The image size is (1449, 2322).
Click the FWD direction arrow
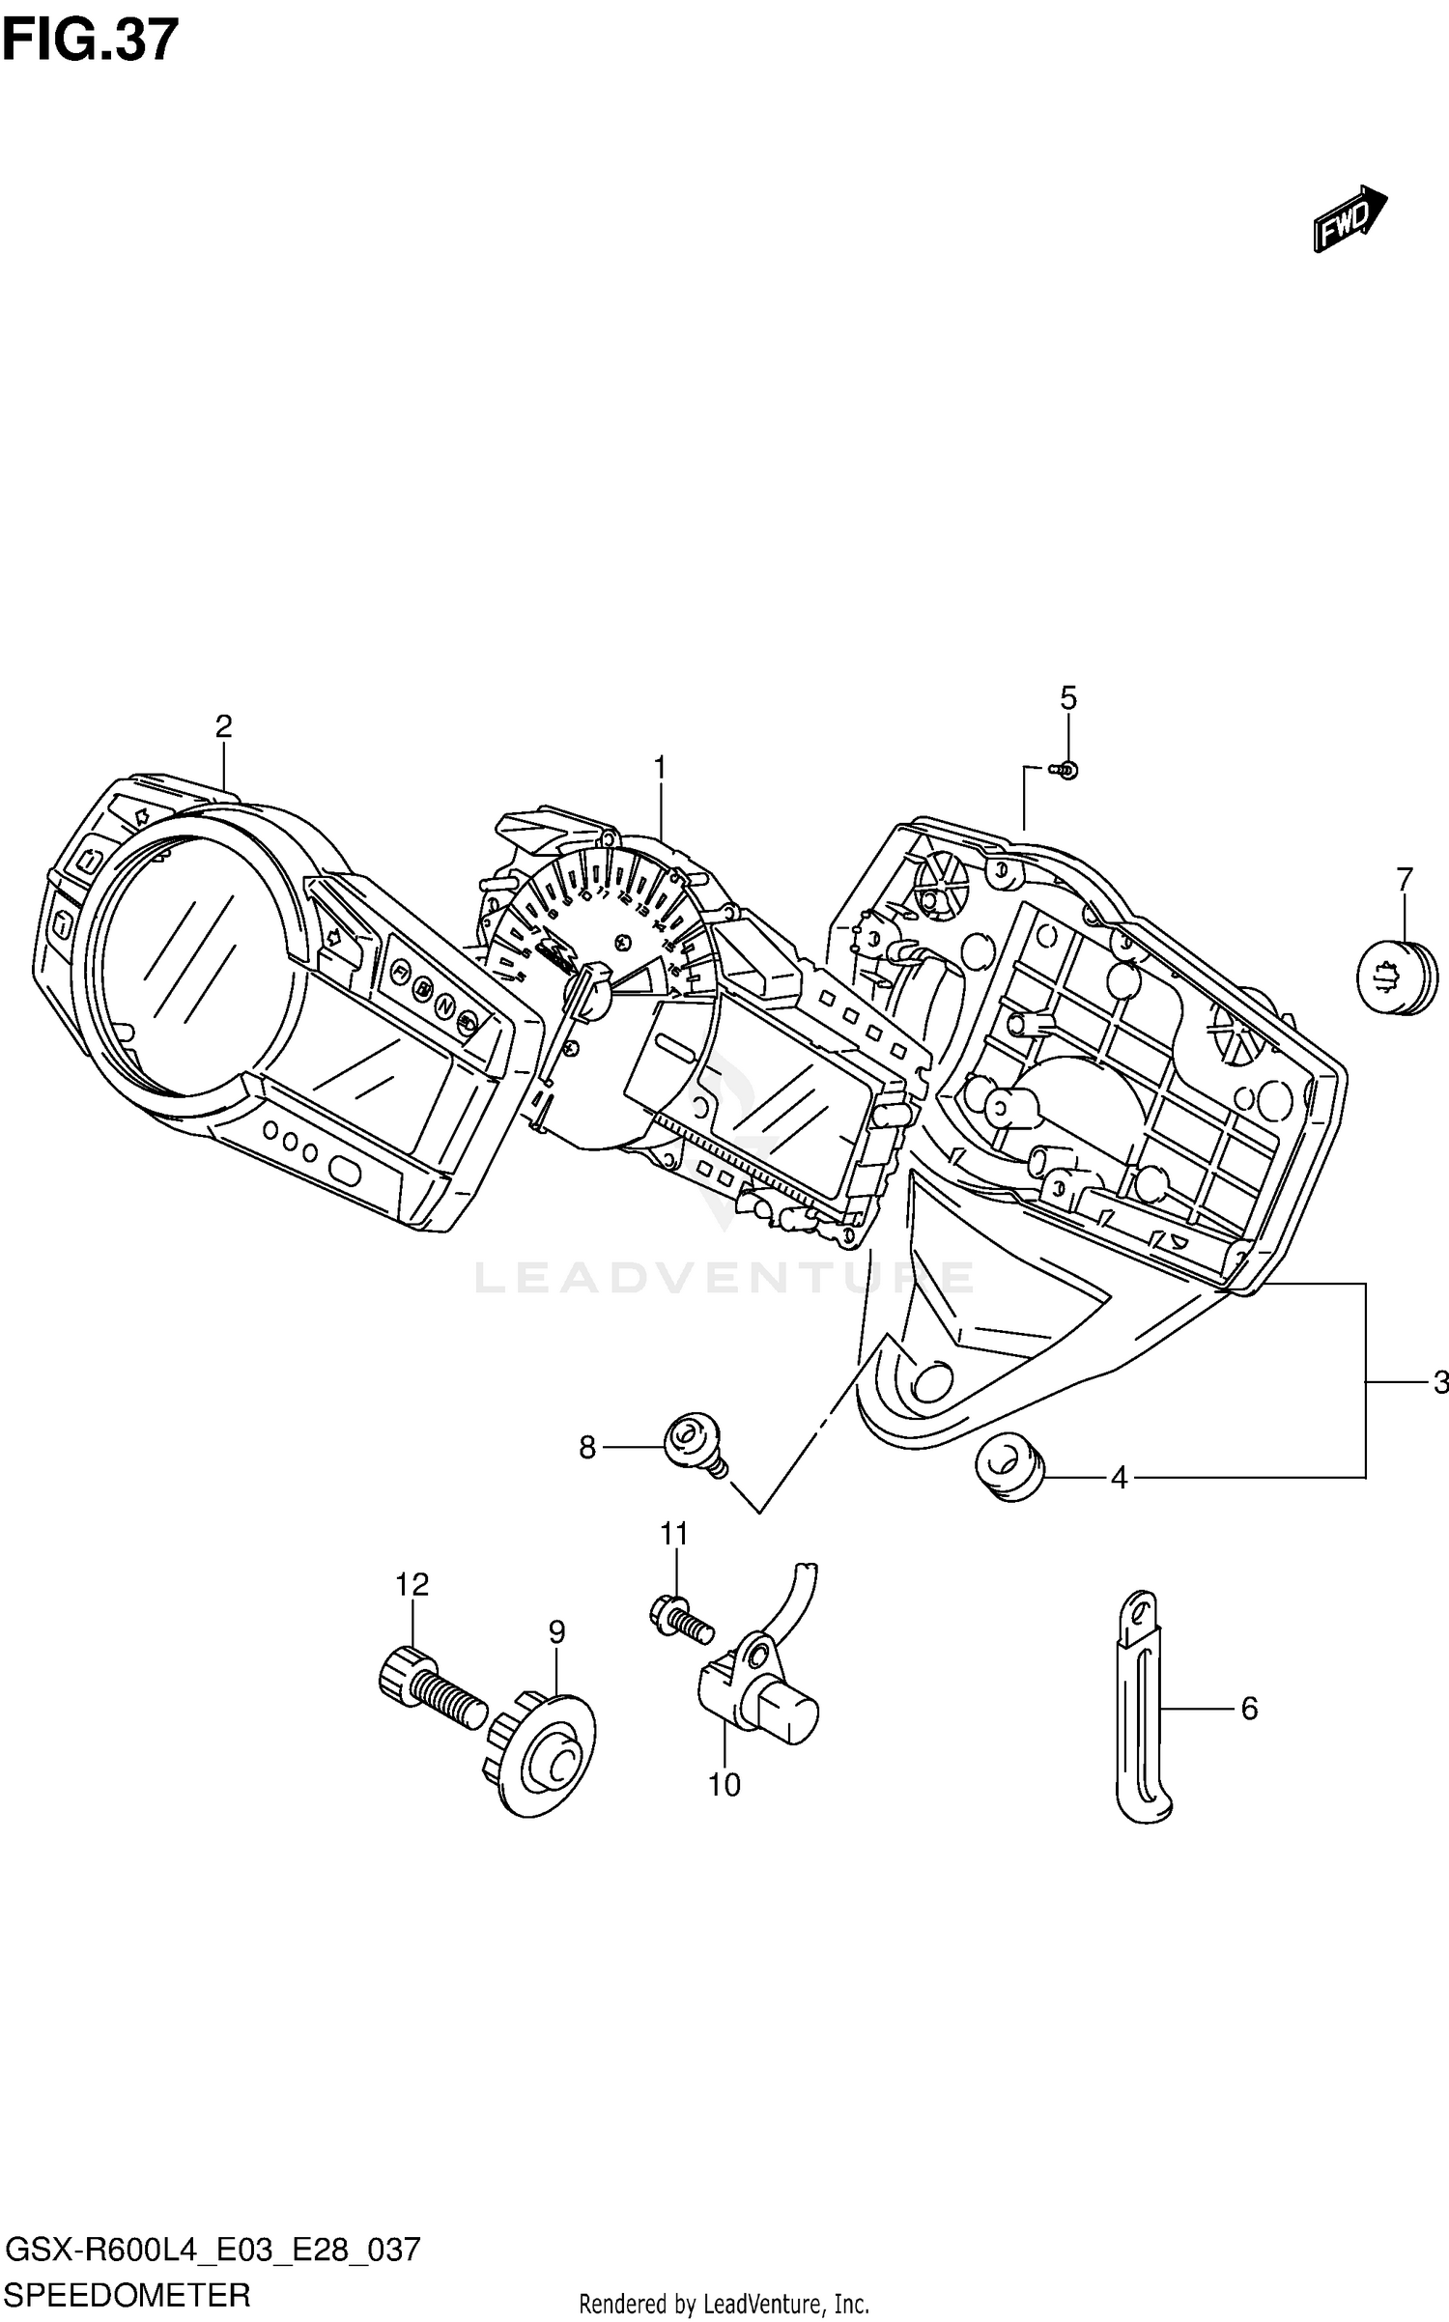pyautogui.click(x=1349, y=218)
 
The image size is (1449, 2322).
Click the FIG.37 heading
pyautogui.click(x=91, y=41)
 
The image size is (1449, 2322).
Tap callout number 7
pyautogui.click(x=1404, y=879)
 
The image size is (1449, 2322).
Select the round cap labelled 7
pyautogui.click(x=1396, y=977)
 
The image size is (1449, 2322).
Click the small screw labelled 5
pyautogui.click(x=1067, y=770)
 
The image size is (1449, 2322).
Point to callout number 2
pyautogui.click(x=223, y=726)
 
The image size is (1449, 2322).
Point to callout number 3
pyautogui.click(x=1439, y=1383)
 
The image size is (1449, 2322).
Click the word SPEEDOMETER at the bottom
pyautogui.click(x=128, y=2294)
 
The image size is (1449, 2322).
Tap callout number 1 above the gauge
pyautogui.click(x=660, y=768)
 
